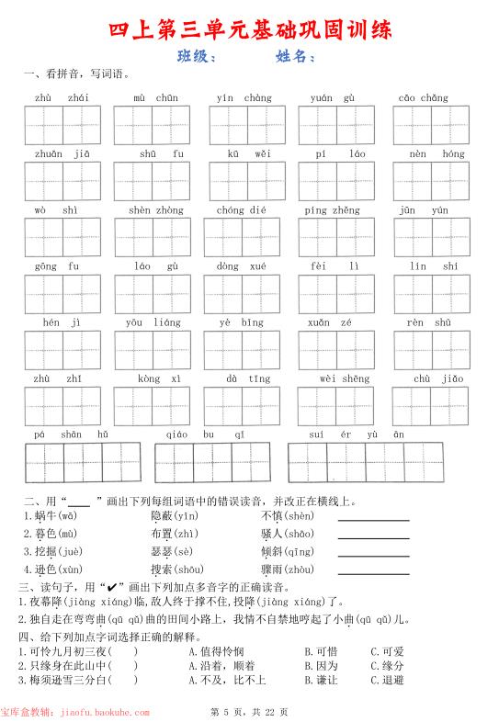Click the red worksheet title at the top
pos(250,29)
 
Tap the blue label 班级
pos(197,57)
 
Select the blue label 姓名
pos(295,57)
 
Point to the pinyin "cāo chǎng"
pos(423,97)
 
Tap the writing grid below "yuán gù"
pos(335,126)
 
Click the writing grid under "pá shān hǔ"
pos(84,462)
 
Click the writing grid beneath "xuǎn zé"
pos(335,350)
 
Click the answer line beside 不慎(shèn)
pos(373,518)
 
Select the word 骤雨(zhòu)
pos(287,570)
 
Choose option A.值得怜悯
pos(216,651)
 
